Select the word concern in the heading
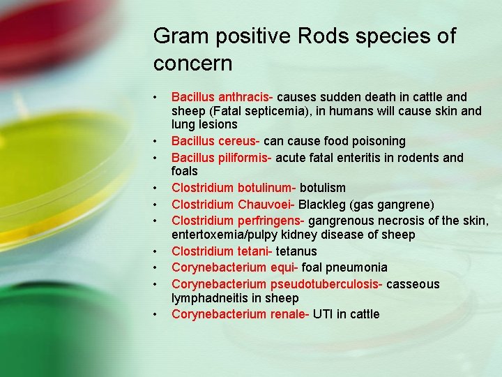point(192,64)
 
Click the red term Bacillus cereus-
point(215,141)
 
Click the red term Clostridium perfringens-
point(238,221)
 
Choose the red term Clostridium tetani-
point(222,251)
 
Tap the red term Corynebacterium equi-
point(235,267)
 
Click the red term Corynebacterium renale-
point(241,314)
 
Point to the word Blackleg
point(321,204)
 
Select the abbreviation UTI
point(323,314)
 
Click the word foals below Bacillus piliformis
point(185,171)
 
